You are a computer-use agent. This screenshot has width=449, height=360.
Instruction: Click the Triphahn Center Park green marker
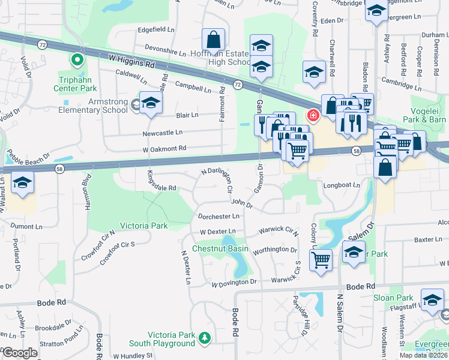coord(76,59)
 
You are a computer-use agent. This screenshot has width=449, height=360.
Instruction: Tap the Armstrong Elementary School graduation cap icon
coord(151,102)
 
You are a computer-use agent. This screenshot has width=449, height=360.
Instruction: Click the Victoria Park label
coord(144,226)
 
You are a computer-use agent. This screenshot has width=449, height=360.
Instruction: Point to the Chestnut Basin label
coord(220,248)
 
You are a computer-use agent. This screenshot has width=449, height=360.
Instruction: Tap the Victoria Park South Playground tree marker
coord(205,339)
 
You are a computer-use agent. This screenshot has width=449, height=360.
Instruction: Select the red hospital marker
coord(312,115)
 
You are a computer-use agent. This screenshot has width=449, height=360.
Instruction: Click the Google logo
coord(19,353)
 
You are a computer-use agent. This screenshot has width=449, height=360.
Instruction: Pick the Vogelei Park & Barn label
coord(427,115)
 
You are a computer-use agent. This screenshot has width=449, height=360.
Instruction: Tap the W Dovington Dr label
coord(234,282)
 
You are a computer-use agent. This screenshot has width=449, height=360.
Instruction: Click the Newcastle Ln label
coord(162,133)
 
